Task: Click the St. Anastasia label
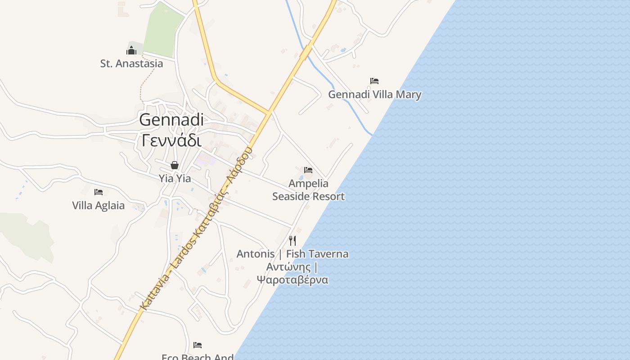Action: coord(131,63)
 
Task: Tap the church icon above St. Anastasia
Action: coord(131,50)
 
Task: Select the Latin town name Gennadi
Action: coord(171,120)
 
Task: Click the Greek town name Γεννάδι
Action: coord(171,140)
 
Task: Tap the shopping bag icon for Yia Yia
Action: coord(175,165)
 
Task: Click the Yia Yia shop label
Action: coord(175,179)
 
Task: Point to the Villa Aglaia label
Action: coord(98,206)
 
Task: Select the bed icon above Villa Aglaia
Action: coord(99,192)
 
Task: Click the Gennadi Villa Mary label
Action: coord(374,94)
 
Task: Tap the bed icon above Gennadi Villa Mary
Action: coord(374,81)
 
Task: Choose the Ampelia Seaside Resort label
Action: coord(308,190)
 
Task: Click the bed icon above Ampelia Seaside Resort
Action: coord(308,170)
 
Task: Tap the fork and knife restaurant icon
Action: coord(292,240)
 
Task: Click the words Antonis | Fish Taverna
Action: coord(292,254)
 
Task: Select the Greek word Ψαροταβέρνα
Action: coord(292,280)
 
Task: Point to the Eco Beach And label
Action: coord(198,357)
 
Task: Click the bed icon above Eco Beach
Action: coord(198,345)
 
